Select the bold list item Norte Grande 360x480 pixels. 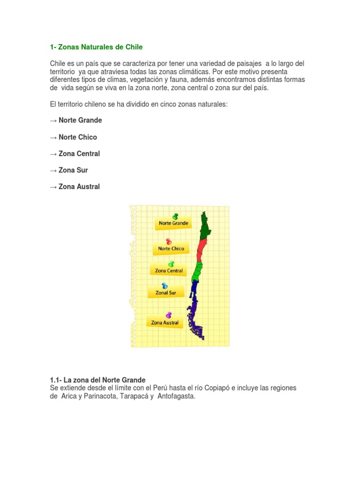[80, 120]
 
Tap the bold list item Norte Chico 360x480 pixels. [78, 137]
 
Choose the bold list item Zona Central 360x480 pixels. [79, 154]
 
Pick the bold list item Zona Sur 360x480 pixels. [73, 170]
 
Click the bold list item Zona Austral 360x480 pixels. [79, 187]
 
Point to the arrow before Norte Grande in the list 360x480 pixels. [53, 121]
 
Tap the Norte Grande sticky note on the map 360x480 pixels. [173, 223]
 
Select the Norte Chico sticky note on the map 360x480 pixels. [171, 248]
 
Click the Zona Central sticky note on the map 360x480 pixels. [169, 270]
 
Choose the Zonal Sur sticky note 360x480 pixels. [166, 292]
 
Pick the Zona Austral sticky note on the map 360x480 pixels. [165, 322]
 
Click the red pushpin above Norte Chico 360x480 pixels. [169, 241]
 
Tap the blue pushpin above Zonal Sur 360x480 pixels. [165, 285]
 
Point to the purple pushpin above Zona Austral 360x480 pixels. [169, 315]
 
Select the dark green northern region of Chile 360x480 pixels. [205, 226]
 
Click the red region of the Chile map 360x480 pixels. [202, 250]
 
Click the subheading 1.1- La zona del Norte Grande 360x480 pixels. [97, 380]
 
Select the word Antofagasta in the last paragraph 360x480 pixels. [176, 396]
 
